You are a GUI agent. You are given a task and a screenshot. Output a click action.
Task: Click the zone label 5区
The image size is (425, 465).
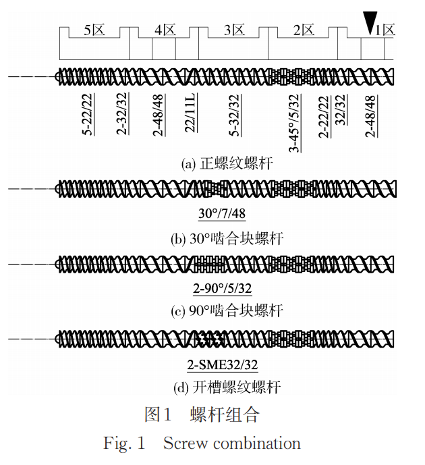tap(94, 30)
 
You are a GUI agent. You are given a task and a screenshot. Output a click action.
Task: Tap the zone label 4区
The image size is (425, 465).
tap(165, 30)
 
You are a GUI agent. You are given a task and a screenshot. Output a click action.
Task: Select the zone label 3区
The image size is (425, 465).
tap(234, 30)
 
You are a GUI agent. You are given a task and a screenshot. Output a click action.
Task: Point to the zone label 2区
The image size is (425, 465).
tap(304, 30)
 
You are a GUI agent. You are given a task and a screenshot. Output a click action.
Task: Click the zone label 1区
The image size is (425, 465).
tap(385, 30)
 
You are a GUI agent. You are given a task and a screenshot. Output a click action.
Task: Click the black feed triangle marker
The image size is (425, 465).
tap(370, 22)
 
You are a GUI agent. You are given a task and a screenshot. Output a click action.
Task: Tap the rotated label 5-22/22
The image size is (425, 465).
tap(88, 115)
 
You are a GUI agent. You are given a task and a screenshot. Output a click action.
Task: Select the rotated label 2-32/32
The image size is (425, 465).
tap(122, 114)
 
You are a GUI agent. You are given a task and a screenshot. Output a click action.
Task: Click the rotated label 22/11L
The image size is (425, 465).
tap(190, 113)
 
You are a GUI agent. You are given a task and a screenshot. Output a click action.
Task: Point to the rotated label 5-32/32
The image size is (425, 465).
tap(235, 115)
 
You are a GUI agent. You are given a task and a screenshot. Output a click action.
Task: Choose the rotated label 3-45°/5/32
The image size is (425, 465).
tap(295, 124)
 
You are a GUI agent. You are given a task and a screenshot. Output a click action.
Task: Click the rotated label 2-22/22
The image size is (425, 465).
tap(324, 117)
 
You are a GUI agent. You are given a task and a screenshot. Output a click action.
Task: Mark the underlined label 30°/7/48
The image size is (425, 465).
tap(222, 213)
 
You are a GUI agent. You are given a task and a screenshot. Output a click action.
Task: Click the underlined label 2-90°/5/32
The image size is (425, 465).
tap(222, 289)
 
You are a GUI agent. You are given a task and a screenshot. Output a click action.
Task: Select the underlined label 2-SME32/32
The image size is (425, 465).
tap(222, 364)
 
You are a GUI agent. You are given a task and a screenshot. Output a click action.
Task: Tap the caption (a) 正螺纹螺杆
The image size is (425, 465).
tap(227, 164)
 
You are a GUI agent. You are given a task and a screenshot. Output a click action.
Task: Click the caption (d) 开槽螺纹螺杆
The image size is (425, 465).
tap(227, 387)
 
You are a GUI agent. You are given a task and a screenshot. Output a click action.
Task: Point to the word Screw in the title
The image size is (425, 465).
tap(186, 443)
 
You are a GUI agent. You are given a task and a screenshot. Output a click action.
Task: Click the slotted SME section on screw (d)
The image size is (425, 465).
tap(209, 339)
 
